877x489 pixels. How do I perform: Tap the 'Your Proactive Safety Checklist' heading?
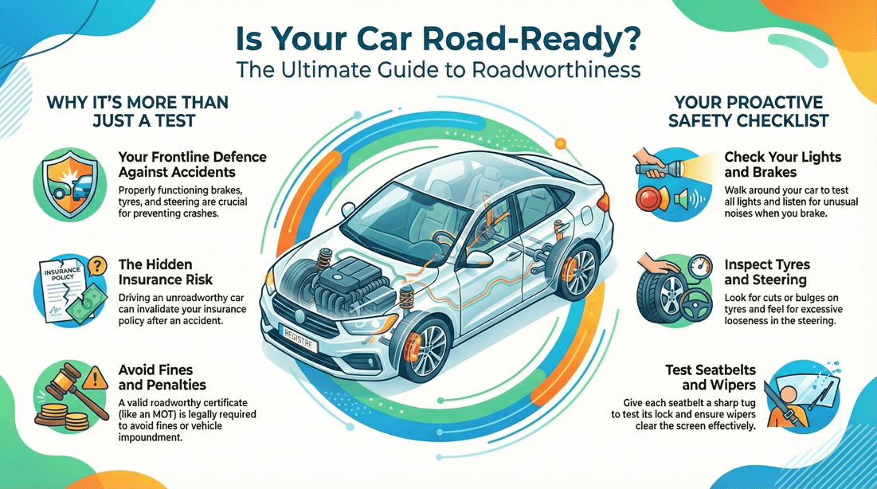point(750,111)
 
